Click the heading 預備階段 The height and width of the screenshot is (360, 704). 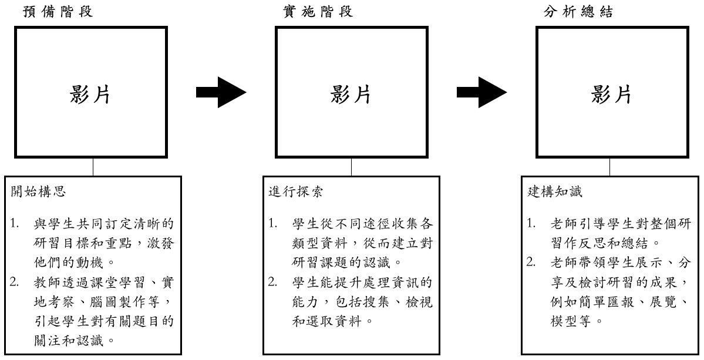pos(58,12)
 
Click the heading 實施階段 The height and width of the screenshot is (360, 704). pos(318,12)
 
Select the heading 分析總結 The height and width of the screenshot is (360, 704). pos(578,12)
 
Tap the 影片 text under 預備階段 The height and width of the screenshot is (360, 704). pos(90,95)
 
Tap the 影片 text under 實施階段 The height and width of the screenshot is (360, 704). pos(351,95)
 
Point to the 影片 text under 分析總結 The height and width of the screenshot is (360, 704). pos(611,95)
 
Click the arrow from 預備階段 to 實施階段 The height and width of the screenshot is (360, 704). pos(221,92)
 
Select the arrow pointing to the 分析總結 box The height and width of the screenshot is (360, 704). pos(481,92)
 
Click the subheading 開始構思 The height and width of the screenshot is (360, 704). pos(38,191)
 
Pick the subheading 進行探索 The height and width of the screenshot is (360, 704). pos(295,191)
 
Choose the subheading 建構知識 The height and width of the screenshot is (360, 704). pos(554,191)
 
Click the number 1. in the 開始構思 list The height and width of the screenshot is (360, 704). pos(15,224)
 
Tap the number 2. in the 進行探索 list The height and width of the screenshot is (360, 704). pos(273,282)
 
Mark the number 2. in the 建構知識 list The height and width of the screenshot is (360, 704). pos(531,263)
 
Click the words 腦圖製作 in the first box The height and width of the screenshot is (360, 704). pos(117,302)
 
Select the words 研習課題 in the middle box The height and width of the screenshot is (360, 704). pos(319,263)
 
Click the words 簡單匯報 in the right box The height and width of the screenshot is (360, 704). pos(606,302)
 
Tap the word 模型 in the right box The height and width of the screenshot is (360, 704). pos(564,321)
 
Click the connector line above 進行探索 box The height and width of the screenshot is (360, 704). pos(351,167)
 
